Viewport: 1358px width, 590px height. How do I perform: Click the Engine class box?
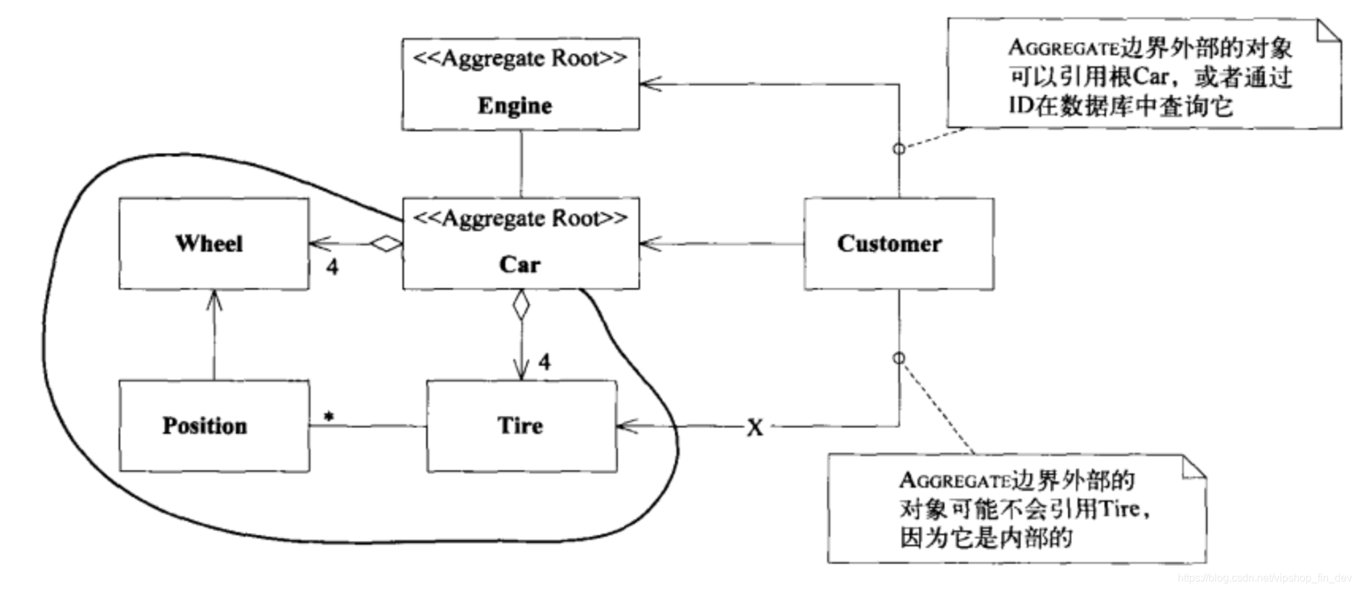click(520, 84)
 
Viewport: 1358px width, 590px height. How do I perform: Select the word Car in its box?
click(519, 264)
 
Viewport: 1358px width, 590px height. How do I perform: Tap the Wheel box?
click(213, 244)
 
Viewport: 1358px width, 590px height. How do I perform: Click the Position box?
click(213, 426)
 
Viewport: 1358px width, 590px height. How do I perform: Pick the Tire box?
click(521, 426)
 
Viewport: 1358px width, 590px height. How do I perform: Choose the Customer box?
click(898, 244)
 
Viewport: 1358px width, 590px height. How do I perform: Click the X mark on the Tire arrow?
click(754, 428)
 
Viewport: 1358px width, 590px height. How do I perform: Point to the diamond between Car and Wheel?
click(386, 244)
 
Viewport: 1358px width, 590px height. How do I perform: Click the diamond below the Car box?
click(521, 306)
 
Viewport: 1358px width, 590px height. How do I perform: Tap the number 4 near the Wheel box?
click(333, 267)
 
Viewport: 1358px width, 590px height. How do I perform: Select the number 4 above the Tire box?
click(544, 362)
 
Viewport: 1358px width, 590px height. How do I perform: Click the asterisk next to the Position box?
click(329, 417)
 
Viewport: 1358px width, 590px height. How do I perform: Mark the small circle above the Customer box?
click(898, 149)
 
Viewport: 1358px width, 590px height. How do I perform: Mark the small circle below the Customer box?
click(898, 358)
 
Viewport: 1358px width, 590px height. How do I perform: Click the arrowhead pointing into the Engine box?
click(648, 84)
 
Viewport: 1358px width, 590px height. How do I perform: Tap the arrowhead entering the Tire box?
click(626, 426)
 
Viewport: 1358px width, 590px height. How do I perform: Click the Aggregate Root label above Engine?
click(520, 58)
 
